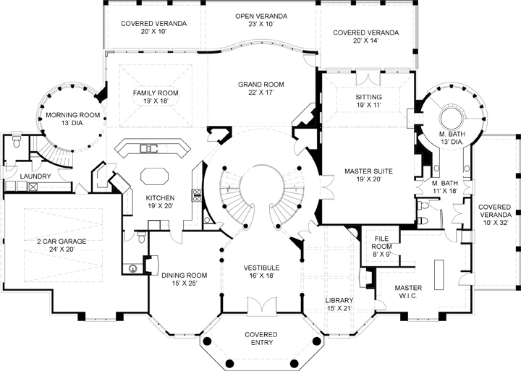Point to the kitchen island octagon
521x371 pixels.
point(153,177)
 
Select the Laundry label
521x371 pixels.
point(34,176)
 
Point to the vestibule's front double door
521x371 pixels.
point(260,306)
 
